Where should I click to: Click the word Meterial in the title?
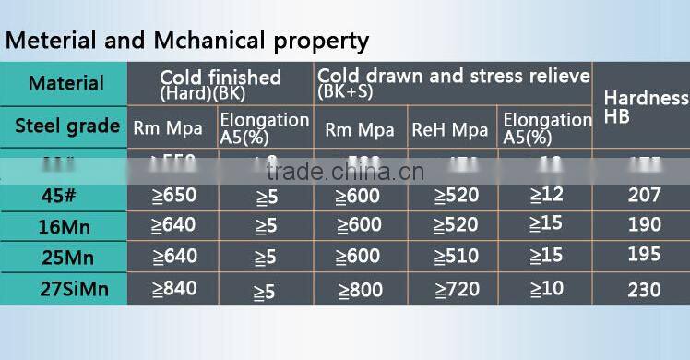(48, 42)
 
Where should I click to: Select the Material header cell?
(65, 83)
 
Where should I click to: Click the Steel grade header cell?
(66, 126)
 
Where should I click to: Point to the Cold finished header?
(220, 78)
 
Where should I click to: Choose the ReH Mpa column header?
(449, 130)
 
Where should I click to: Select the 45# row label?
(65, 195)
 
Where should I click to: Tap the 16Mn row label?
(65, 224)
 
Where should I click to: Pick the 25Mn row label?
(65, 256)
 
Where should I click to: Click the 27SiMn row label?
(65, 289)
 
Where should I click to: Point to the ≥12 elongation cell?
(546, 194)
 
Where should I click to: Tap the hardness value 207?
(644, 195)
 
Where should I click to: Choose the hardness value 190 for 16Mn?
(644, 224)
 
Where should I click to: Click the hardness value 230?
(644, 289)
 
